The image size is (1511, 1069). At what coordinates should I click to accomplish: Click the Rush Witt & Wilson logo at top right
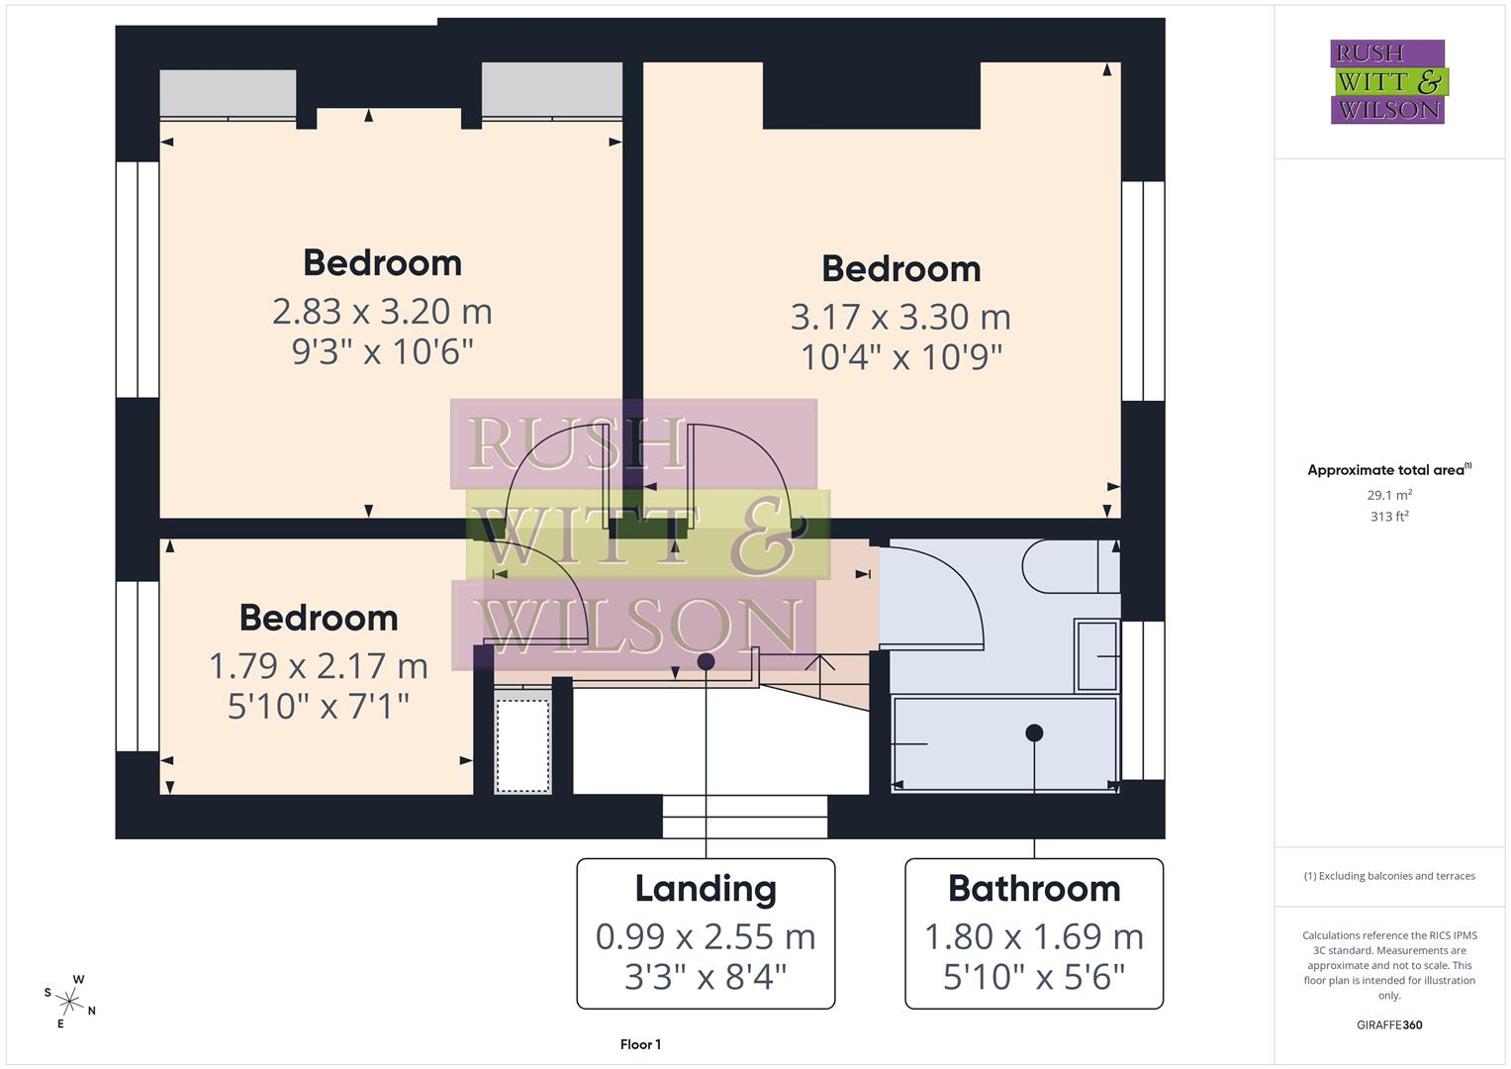click(x=1387, y=81)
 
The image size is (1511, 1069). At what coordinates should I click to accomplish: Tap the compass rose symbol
click(x=69, y=1001)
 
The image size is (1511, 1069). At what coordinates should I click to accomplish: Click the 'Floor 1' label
click(x=640, y=1044)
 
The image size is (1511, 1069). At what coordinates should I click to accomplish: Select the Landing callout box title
click(x=706, y=888)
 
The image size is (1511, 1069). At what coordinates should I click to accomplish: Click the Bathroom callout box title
click(x=1034, y=888)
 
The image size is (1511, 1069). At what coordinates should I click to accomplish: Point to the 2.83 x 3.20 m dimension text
click(x=382, y=311)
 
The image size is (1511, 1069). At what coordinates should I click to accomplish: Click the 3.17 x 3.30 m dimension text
click(x=900, y=317)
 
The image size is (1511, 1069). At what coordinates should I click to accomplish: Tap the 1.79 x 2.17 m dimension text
click(x=318, y=666)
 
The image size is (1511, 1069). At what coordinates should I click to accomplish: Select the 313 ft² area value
click(x=1389, y=516)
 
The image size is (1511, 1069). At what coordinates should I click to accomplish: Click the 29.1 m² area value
click(x=1389, y=495)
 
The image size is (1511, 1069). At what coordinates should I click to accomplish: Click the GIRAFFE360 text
click(x=1389, y=1024)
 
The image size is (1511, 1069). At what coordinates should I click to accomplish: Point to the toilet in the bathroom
click(x=1069, y=566)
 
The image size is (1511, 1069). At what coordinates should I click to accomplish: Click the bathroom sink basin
click(x=1096, y=655)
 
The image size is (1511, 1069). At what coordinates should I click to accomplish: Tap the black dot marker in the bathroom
click(x=1034, y=732)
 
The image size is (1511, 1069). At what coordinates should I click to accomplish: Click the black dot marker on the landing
click(x=706, y=660)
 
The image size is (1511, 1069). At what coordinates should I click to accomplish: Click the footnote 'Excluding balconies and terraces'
click(x=1389, y=876)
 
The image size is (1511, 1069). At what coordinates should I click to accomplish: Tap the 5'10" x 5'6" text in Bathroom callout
click(x=1034, y=978)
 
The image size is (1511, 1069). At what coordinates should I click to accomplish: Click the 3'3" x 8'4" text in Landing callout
click(x=706, y=978)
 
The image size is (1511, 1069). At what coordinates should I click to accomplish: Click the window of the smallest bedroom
click(x=137, y=666)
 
